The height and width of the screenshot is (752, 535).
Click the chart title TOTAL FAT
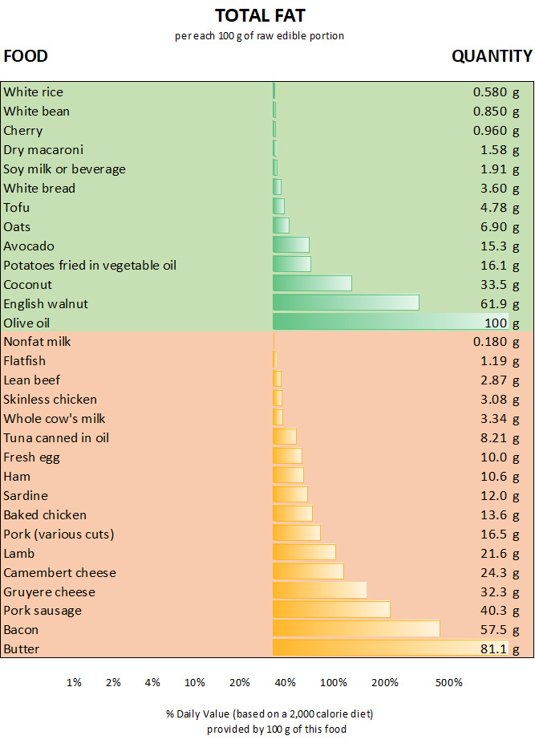[x=260, y=15]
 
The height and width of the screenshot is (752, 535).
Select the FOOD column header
[x=26, y=56]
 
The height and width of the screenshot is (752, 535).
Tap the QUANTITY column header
[x=491, y=56]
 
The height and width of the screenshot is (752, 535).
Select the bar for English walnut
[x=345, y=303]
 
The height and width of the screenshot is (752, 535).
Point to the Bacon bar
[x=355, y=629]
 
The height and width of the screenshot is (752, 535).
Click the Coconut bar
[x=312, y=284]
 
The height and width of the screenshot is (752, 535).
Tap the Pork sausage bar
[x=331, y=610]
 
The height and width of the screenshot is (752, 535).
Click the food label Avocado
[x=29, y=246]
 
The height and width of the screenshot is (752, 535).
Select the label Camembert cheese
[x=59, y=572]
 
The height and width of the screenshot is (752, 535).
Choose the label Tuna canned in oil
[x=56, y=437]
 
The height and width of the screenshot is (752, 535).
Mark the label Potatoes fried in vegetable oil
[x=90, y=266]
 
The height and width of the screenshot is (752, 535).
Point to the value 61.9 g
[x=500, y=304]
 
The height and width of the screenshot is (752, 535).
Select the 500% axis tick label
[x=448, y=683]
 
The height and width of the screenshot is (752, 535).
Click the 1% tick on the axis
[x=74, y=683]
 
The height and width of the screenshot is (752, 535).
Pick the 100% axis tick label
[x=334, y=683]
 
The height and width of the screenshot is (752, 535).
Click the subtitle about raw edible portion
[x=260, y=36]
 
